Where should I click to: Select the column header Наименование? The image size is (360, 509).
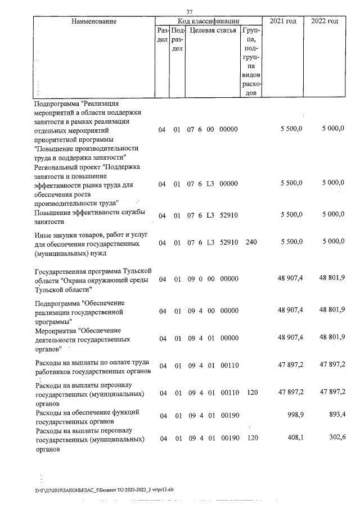click(94, 21)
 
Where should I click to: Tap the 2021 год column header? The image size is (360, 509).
click(282, 21)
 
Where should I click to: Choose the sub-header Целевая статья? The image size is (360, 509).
click(213, 31)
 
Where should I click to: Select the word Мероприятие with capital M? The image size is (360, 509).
click(55, 331)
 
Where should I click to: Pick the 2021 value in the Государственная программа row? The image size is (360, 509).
click(290, 279)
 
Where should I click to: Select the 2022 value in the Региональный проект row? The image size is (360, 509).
click(332, 184)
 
